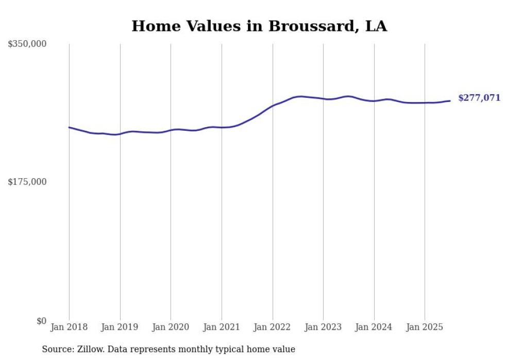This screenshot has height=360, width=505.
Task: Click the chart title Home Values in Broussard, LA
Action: tap(259, 26)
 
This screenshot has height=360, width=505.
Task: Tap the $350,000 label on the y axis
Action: tap(27, 44)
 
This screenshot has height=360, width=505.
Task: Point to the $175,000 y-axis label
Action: tap(27, 182)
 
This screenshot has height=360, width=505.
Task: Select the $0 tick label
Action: tap(41, 321)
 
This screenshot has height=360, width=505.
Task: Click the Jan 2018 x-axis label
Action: tap(69, 327)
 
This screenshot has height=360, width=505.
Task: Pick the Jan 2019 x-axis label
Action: tap(120, 327)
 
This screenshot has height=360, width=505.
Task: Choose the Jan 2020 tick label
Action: tap(171, 327)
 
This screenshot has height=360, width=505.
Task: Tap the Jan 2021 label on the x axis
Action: tap(222, 327)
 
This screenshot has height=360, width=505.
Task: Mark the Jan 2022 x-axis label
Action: tap(273, 327)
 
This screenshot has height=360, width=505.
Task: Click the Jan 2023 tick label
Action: tap(323, 327)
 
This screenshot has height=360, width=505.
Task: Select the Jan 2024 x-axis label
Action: tap(374, 327)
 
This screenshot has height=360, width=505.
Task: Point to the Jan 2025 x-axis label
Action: tap(425, 327)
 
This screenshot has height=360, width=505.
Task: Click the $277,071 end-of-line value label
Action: tap(479, 98)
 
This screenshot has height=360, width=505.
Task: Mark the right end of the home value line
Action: tap(450, 101)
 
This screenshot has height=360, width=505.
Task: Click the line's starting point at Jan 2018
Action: tap(69, 127)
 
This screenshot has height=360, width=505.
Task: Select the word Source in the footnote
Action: tap(57, 349)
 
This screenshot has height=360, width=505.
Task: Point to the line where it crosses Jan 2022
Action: tap(273, 106)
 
